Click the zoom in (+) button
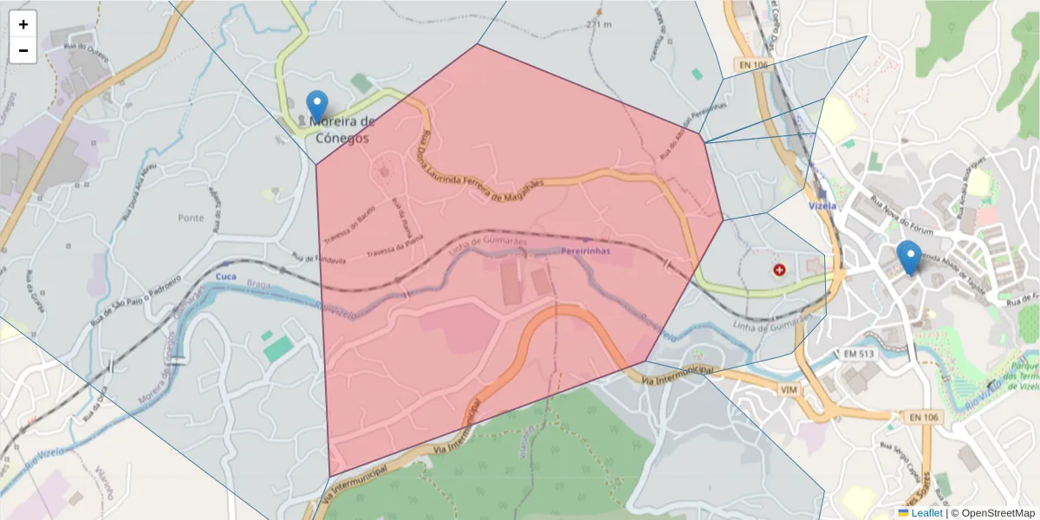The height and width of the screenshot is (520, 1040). (23, 24)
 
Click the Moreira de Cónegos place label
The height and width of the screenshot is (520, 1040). (341, 130)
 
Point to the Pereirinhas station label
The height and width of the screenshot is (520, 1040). (585, 250)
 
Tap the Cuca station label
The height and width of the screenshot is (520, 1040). (225, 276)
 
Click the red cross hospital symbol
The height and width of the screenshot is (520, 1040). (779, 270)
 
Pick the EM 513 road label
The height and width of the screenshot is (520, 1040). (861, 354)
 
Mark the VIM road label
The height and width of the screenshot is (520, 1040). (789, 391)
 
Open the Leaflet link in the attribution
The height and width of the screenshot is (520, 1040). (926, 513)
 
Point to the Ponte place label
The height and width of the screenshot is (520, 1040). (191, 218)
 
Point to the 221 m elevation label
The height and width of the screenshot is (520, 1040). (598, 24)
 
